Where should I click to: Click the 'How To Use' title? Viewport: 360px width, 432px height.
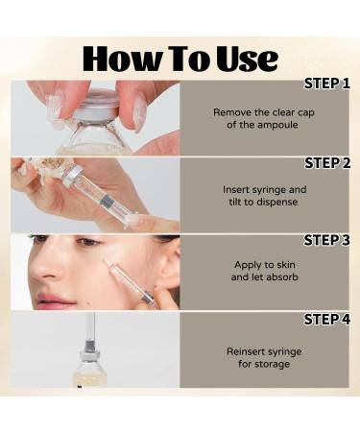180,58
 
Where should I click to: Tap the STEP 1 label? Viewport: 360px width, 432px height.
326,84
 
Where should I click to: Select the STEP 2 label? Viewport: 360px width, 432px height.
326,161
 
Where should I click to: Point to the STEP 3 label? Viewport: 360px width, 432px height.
326,240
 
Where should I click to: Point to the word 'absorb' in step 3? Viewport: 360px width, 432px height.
284,277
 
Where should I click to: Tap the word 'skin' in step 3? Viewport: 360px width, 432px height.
276,265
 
